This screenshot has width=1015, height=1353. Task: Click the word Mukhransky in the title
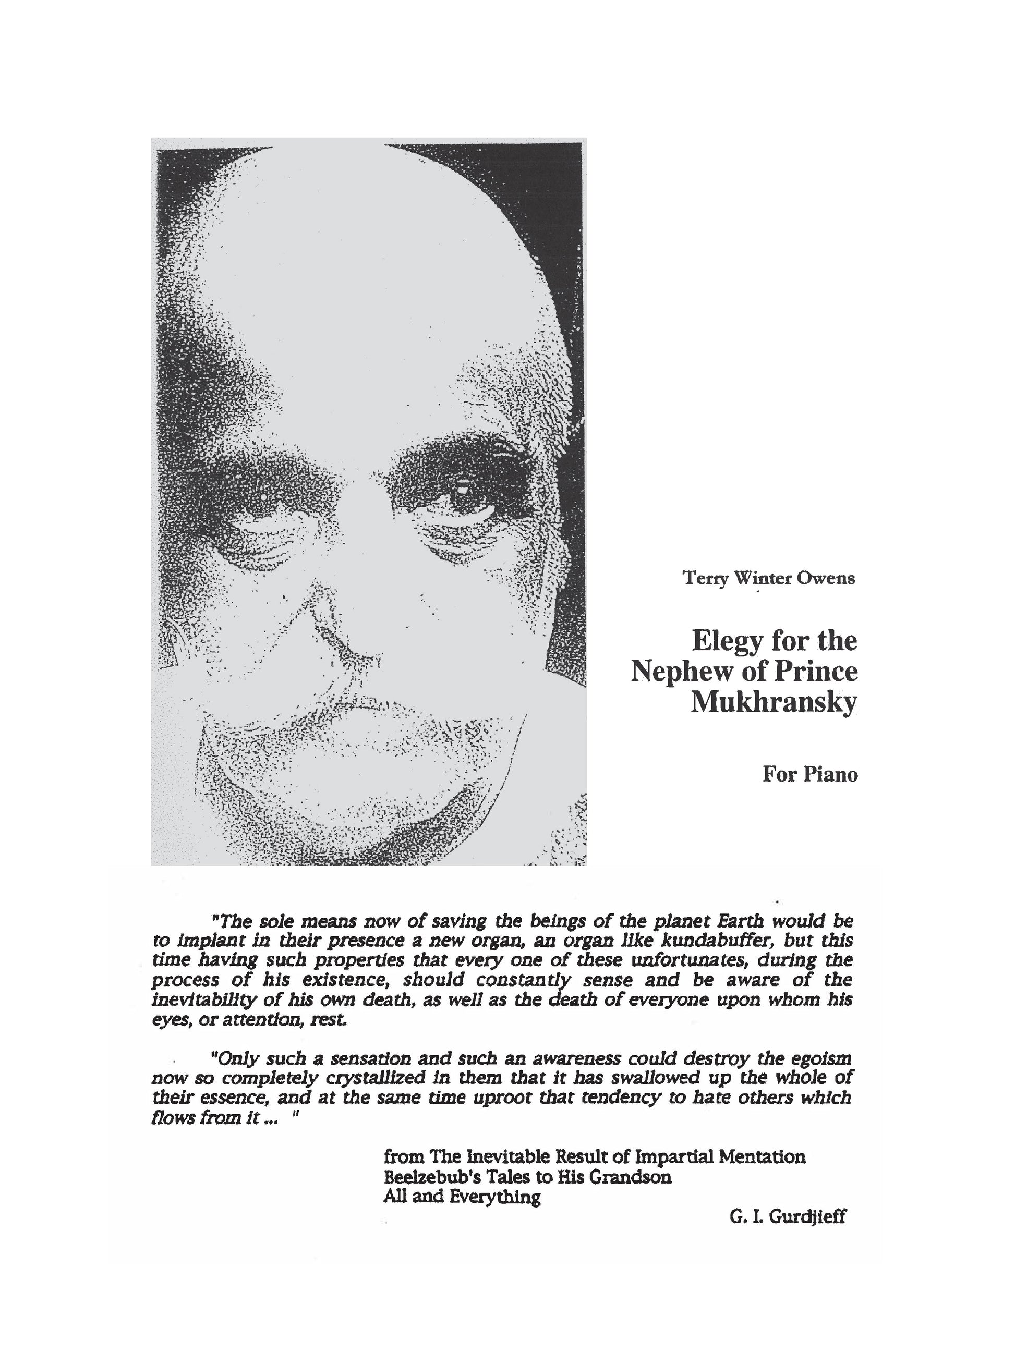(x=774, y=703)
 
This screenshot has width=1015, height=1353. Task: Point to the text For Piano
(x=810, y=774)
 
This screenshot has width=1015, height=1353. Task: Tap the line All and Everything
(x=462, y=1197)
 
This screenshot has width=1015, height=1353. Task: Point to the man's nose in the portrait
(x=355, y=624)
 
